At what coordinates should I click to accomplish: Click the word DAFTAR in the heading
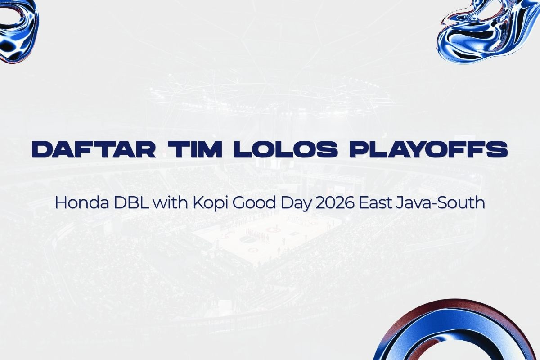click(94, 149)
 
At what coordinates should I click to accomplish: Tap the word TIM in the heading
click(195, 149)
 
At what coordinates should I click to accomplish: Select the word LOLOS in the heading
click(286, 149)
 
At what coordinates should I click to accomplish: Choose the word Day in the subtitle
click(294, 204)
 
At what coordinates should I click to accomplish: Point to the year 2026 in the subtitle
click(333, 203)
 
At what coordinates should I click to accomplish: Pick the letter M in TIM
click(210, 149)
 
